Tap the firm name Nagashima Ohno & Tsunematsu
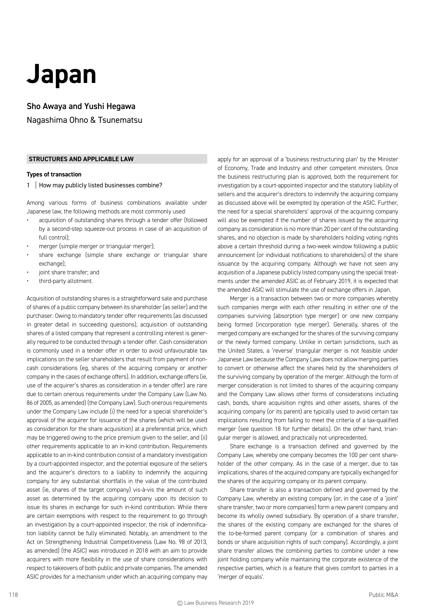tap(84, 120)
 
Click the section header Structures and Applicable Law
tap(81, 159)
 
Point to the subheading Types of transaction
tap(54, 175)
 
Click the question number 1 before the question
tap(28, 185)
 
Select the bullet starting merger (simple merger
tap(97, 246)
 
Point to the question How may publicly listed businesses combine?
tap(100, 185)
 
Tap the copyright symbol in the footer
tap(180, 603)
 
